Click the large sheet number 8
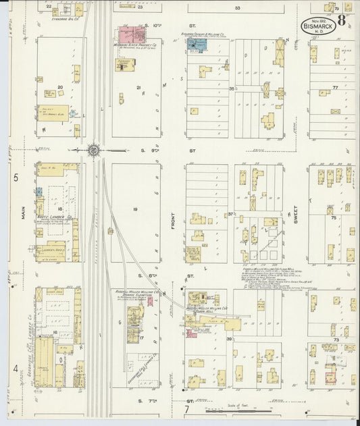(x=342, y=20)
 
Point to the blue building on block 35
(x=198, y=45)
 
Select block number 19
(x=135, y=209)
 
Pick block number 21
(x=138, y=88)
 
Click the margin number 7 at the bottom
(x=186, y=409)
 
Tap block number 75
(x=333, y=217)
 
